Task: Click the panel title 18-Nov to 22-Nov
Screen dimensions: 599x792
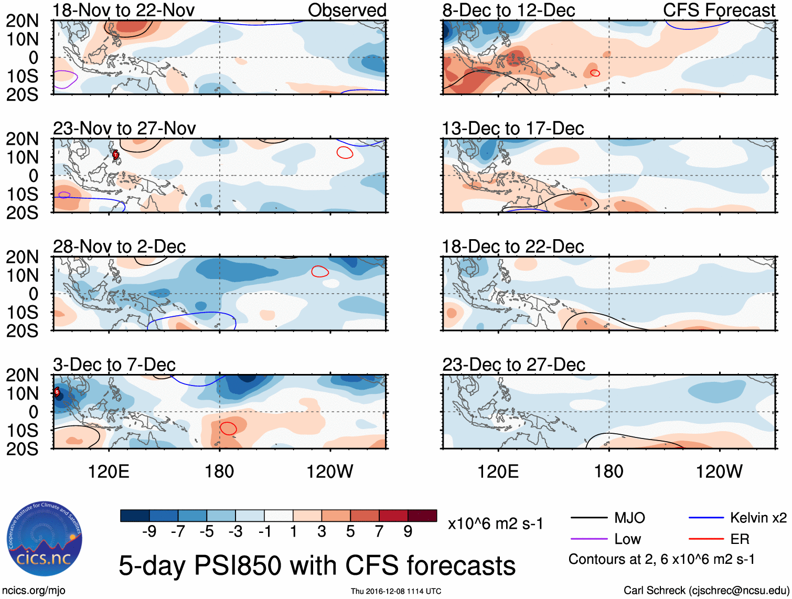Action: click(124, 10)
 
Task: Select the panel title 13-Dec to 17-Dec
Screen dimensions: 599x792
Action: click(512, 129)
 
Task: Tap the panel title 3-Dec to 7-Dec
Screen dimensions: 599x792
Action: click(114, 365)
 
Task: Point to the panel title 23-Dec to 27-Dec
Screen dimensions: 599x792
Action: click(513, 365)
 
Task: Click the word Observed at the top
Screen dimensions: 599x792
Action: click(347, 10)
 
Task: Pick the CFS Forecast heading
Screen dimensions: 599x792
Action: click(719, 10)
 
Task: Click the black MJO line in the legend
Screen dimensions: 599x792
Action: click(588, 518)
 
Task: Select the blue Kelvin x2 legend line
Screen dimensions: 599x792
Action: click(706, 518)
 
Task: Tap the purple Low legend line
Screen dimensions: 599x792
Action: click(588, 539)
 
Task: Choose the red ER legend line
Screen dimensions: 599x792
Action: click(706, 539)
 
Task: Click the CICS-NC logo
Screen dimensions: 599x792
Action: click(45, 539)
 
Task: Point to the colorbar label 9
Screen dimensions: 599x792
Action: click(408, 532)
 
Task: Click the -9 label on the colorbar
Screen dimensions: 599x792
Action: click(149, 532)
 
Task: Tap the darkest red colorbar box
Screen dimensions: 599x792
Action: click(422, 516)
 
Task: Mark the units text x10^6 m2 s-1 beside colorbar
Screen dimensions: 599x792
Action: click(495, 523)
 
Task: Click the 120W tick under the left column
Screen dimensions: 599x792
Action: click(330, 472)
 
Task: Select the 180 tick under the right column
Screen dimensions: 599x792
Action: click(608, 472)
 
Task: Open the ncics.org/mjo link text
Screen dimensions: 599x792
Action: click(34, 591)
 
